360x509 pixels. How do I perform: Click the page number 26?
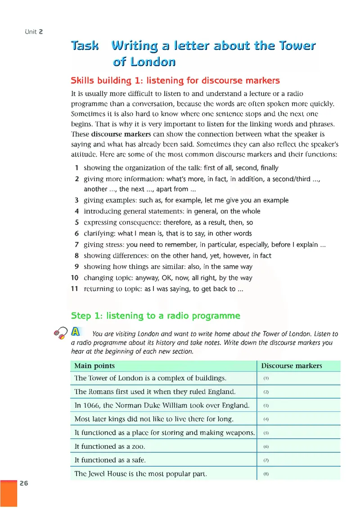(x=24, y=484)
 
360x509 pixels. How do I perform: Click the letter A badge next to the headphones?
(x=76, y=332)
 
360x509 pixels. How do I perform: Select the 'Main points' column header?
(x=94, y=366)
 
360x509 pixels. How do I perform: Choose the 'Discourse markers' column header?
(x=292, y=366)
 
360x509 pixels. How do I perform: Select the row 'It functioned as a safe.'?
(x=110, y=460)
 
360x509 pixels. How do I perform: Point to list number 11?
(x=75, y=289)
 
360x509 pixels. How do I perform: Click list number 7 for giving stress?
(x=77, y=245)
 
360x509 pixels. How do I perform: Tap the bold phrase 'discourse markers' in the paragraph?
(x=121, y=134)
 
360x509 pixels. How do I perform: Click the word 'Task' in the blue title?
(x=85, y=46)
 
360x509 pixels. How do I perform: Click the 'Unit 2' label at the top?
(x=34, y=31)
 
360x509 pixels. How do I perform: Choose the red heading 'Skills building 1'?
(x=175, y=81)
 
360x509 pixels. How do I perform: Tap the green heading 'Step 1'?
(x=156, y=316)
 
